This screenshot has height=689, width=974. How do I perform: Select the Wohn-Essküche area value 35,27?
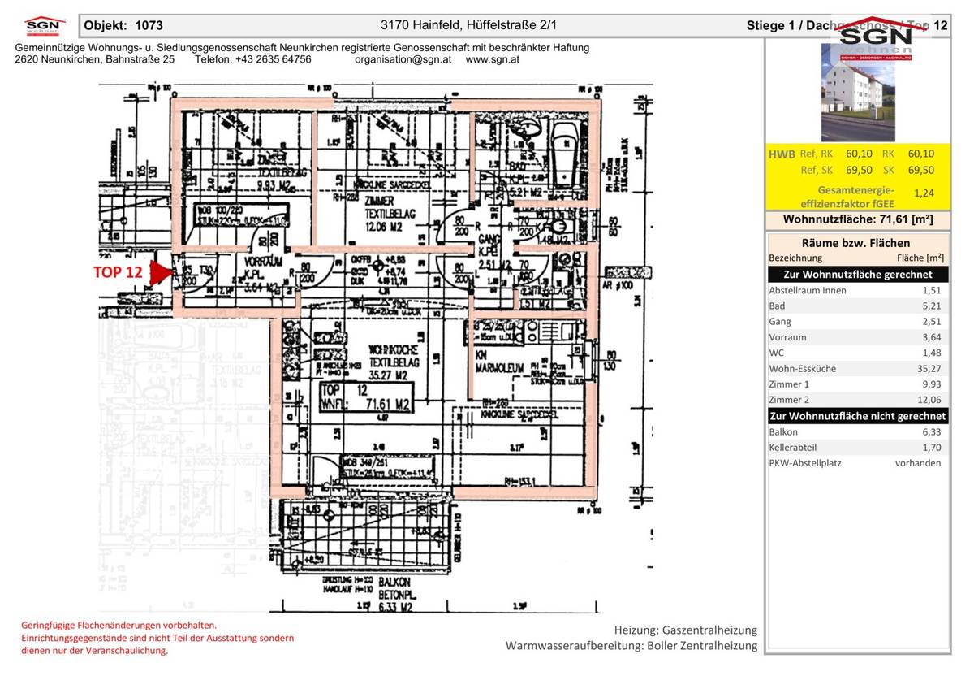(929, 368)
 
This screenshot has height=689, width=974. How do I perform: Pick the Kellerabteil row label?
(793, 448)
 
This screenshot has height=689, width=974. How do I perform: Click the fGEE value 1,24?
(923, 193)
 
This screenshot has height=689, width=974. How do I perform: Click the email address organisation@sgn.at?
(403, 59)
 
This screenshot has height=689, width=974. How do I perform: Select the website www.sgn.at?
(493, 59)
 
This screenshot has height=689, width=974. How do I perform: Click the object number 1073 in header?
(149, 26)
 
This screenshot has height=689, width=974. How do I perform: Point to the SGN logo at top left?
(44, 26)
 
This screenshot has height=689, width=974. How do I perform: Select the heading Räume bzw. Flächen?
(855, 242)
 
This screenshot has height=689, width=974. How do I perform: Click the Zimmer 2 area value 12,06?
(929, 400)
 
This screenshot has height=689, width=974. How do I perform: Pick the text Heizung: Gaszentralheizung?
(685, 630)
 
